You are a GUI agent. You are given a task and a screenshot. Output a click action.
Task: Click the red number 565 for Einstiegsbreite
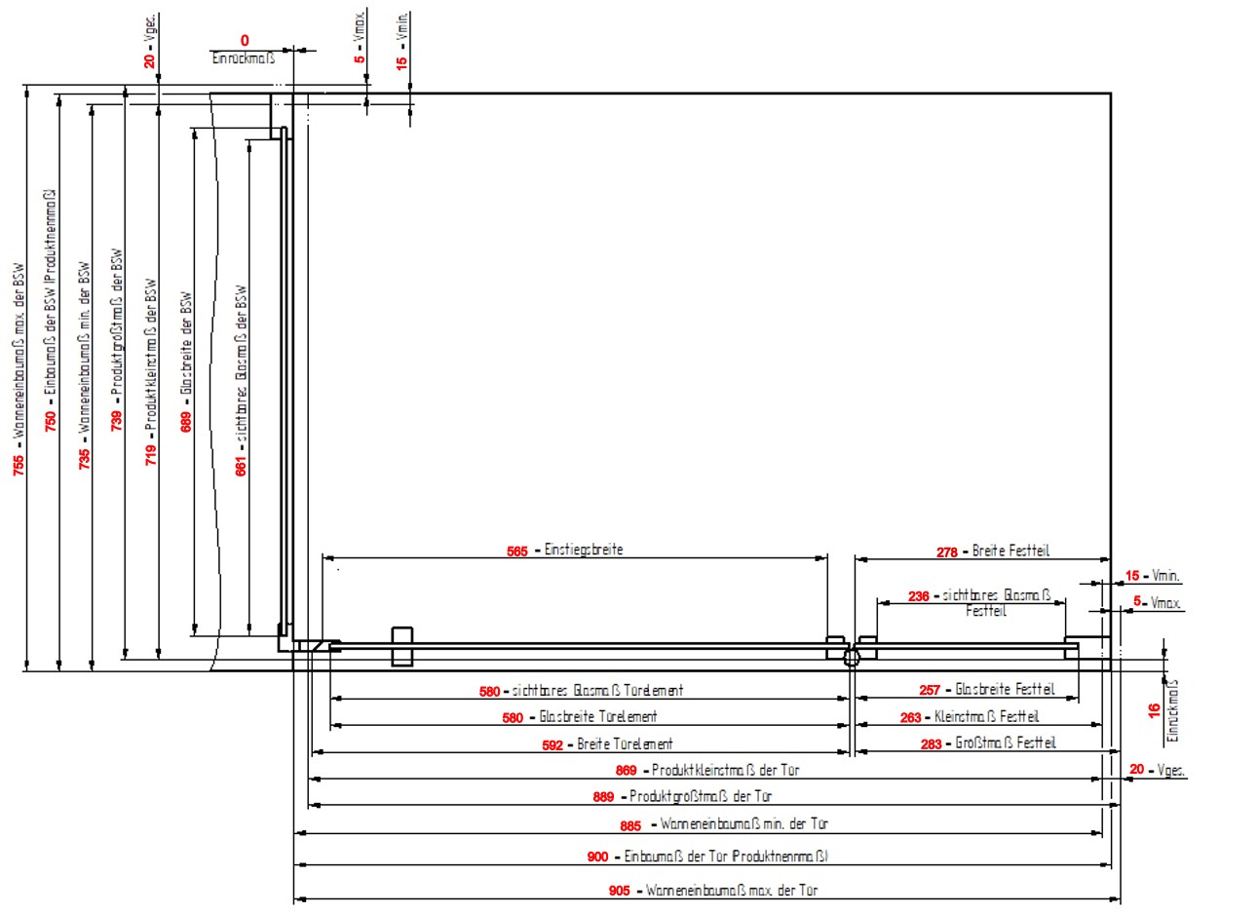[516, 552]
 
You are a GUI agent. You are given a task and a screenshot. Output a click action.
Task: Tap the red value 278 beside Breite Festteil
[947, 552]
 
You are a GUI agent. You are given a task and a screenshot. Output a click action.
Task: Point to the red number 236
[918, 596]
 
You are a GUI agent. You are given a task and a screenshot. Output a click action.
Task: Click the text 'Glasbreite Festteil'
[1004, 689]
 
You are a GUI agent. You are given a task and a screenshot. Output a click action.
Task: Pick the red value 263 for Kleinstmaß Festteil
[910, 717]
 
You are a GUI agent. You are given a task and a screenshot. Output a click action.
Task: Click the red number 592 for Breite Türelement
[553, 744]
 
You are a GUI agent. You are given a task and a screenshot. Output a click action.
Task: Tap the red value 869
[627, 771]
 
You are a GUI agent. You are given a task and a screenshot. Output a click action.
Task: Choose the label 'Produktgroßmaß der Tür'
[700, 796]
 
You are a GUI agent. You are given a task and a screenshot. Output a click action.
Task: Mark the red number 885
[630, 826]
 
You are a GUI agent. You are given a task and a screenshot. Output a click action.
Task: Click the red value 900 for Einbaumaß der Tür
[597, 857]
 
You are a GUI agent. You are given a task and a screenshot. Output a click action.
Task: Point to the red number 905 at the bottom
[619, 892]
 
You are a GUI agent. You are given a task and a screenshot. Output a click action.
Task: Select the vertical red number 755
[19, 466]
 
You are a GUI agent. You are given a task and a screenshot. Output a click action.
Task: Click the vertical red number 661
[241, 465]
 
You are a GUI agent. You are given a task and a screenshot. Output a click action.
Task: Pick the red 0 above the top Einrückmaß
[245, 41]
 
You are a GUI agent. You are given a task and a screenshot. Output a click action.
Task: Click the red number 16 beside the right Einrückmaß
[1154, 710]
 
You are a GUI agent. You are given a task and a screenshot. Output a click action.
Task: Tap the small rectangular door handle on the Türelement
[401, 647]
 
